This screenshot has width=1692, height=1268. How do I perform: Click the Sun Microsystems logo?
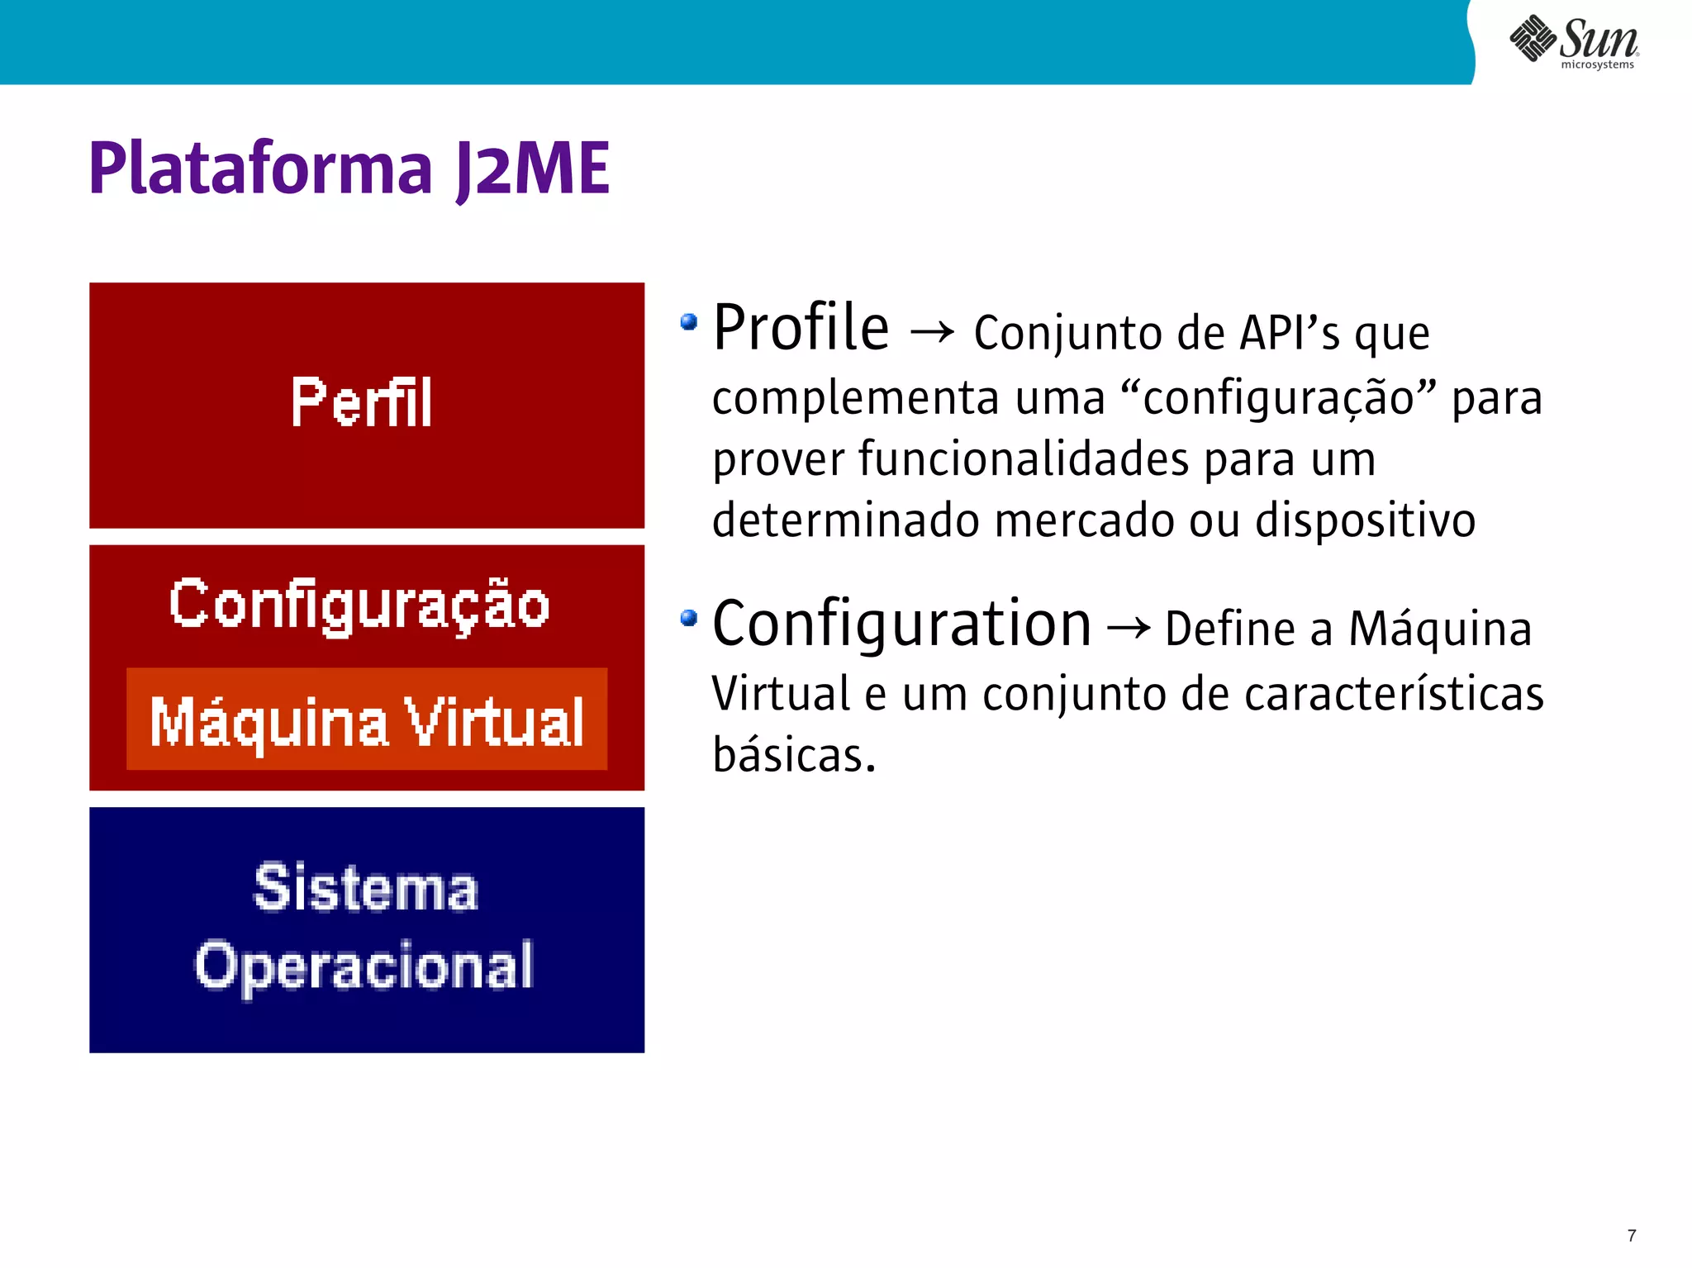[x=1574, y=41]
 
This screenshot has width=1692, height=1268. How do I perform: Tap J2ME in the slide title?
[x=533, y=169]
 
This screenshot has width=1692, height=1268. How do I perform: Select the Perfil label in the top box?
[x=361, y=402]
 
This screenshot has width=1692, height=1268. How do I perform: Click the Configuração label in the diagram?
[x=359, y=605]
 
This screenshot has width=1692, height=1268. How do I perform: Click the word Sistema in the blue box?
[x=366, y=888]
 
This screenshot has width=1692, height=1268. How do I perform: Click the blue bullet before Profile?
[x=689, y=321]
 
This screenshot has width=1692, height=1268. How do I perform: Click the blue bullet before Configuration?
[x=689, y=618]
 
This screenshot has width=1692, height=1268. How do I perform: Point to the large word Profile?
[x=801, y=328]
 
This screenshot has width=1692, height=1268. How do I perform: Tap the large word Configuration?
[x=901, y=624]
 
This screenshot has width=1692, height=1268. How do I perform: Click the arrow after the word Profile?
[x=932, y=333]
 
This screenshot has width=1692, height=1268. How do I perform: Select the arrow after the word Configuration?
[x=1129, y=629]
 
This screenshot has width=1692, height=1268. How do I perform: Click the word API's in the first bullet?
[x=1290, y=333]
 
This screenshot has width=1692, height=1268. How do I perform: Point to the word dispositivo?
[x=1365, y=520]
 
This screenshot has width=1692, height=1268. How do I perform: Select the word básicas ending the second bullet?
[x=793, y=754]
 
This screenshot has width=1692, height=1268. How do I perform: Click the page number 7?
[x=1632, y=1236]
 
